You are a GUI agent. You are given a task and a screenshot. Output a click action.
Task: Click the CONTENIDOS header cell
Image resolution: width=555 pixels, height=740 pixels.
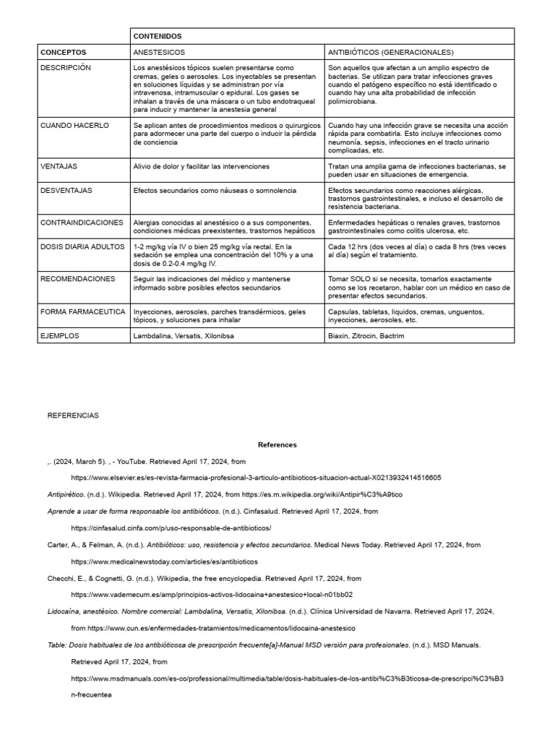pos(158,36)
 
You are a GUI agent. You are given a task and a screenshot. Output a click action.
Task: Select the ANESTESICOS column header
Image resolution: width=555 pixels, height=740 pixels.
pos(159,52)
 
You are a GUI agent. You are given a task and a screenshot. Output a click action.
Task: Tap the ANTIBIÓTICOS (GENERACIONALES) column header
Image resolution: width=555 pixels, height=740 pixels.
pos(391,52)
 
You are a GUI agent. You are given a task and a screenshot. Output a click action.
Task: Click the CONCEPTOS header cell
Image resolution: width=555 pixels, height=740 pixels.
pos(64,52)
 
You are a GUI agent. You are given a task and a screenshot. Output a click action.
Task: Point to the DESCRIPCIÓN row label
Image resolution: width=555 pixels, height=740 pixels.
pos(66,67)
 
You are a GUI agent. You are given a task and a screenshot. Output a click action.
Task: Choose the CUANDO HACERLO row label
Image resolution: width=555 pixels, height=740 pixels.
pos(75,125)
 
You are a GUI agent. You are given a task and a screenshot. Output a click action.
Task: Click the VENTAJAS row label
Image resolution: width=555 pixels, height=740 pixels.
pos(60,166)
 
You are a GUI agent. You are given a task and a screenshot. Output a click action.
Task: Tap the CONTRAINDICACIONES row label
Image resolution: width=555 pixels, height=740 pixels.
pos(82,222)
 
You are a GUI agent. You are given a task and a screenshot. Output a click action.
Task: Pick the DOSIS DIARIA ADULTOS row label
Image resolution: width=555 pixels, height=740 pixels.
pos(82,246)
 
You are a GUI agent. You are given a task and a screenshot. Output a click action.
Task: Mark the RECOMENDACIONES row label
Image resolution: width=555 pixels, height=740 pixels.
pos(78,278)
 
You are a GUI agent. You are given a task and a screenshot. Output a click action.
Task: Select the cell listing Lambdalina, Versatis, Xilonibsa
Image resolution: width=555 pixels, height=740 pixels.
pos(184,336)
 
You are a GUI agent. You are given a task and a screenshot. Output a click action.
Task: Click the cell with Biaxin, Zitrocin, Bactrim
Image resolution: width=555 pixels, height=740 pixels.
pos(366,336)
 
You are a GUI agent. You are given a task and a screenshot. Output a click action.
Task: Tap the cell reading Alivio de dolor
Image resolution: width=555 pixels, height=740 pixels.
pos(192,166)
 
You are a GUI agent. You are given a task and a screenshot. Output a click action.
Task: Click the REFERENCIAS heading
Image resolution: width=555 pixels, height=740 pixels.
pos(73,416)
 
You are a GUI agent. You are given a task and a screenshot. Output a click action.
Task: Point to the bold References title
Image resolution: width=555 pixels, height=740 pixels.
pos(277,444)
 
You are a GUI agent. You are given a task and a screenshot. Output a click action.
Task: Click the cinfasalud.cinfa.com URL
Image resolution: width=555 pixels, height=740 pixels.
pos(171,528)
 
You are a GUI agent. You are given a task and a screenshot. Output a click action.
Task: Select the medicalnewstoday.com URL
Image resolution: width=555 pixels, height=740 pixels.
pos(164,561)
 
